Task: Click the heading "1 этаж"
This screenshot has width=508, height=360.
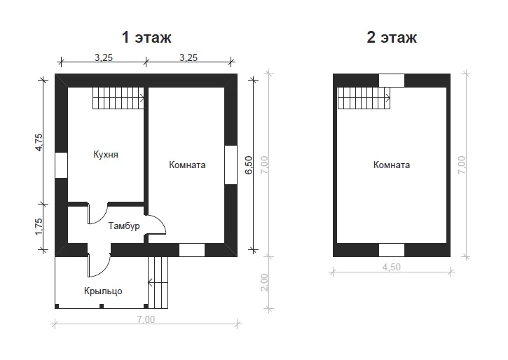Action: coord(146,37)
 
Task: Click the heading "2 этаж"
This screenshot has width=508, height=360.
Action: coord(392,37)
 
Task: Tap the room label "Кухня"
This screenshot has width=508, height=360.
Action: coord(106,154)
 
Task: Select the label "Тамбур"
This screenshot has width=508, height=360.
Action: coord(124,226)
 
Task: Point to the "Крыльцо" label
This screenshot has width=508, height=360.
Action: coord(103,291)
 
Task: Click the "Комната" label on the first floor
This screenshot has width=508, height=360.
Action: coord(187,165)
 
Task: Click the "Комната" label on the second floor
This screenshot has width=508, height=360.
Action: coord(392,165)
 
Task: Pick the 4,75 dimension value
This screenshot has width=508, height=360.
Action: coord(39,142)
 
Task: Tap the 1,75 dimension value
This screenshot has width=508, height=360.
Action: coord(39,227)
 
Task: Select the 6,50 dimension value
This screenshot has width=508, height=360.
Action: coord(249,165)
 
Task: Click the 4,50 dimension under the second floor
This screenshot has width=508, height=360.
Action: coord(392,267)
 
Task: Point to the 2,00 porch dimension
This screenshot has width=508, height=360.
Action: coord(264,282)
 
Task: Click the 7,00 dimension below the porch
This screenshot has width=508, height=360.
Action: coord(146,319)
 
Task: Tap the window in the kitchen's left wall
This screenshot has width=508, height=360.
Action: coord(61,165)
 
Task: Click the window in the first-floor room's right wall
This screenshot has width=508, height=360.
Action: coord(231,165)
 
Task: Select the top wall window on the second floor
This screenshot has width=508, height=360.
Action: coord(392,81)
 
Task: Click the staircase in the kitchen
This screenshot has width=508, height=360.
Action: coord(118,98)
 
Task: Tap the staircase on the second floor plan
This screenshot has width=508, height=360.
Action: coord(364,98)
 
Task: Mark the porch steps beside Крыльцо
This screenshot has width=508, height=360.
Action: coord(158,283)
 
